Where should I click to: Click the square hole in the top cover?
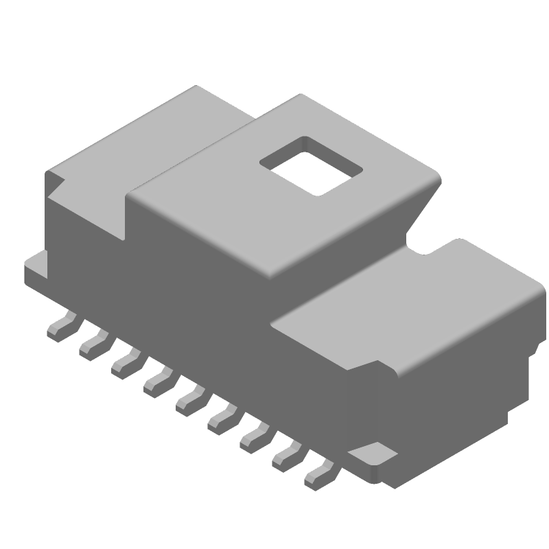click(x=310, y=167)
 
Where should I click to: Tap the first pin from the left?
click(x=61, y=326)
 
